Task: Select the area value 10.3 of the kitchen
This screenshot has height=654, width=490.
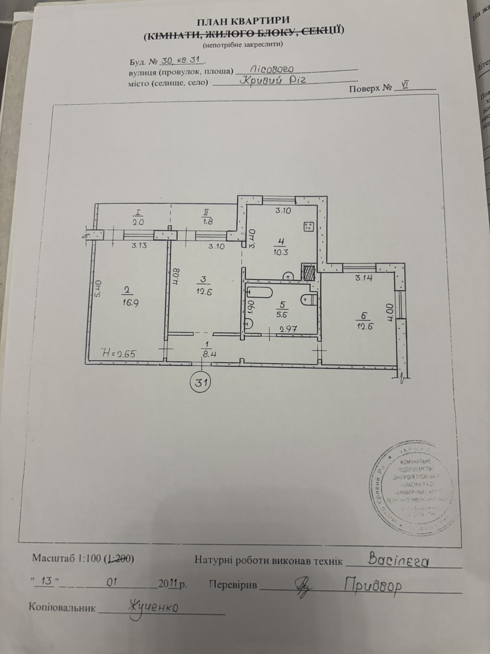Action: pos(281,252)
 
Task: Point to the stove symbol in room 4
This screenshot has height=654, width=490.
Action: pos(308,226)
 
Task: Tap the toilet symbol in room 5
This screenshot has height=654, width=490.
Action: pos(307,299)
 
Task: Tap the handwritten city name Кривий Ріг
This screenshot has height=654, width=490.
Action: pos(272,81)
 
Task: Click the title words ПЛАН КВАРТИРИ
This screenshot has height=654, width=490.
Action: pos(244,20)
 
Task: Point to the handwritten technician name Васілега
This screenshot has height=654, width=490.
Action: pos(399,560)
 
